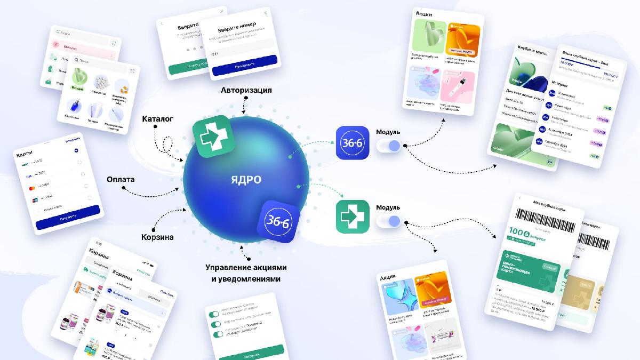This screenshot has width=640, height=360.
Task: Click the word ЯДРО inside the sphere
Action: click(x=246, y=180)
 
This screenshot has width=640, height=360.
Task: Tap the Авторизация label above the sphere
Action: click(x=246, y=90)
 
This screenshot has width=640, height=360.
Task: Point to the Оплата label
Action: click(x=121, y=180)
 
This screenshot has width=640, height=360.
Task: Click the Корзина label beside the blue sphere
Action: click(x=157, y=237)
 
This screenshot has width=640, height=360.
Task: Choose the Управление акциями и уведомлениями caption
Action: click(x=246, y=273)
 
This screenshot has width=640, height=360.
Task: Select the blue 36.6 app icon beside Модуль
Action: click(x=353, y=143)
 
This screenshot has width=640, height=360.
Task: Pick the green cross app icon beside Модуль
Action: click(x=353, y=217)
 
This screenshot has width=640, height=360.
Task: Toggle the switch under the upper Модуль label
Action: click(x=388, y=146)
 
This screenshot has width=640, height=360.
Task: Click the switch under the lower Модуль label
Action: click(x=388, y=221)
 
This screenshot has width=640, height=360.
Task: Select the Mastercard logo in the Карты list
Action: click(x=25, y=188)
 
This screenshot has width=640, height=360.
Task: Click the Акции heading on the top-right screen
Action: click(x=424, y=14)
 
